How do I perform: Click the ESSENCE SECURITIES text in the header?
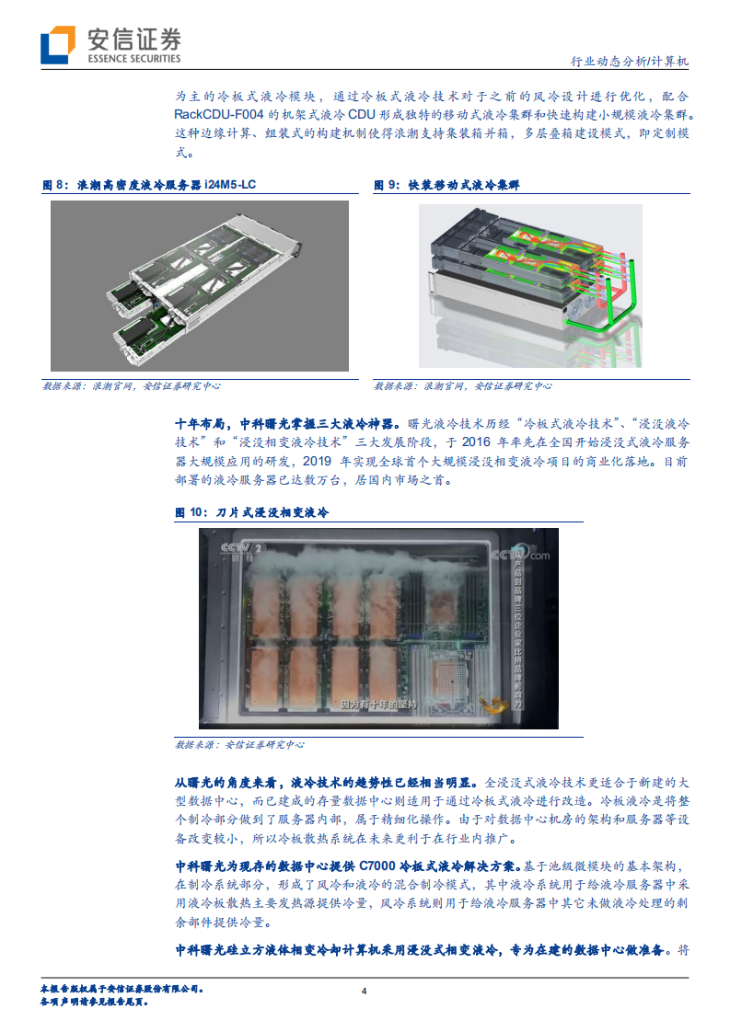click(x=133, y=59)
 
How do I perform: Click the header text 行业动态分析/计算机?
click(x=630, y=63)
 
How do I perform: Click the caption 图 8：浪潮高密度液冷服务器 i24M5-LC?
click(x=150, y=185)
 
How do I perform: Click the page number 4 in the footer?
click(x=365, y=992)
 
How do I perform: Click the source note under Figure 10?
click(x=239, y=745)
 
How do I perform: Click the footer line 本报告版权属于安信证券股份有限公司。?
click(x=122, y=989)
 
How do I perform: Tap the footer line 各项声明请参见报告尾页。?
click(x=96, y=1001)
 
